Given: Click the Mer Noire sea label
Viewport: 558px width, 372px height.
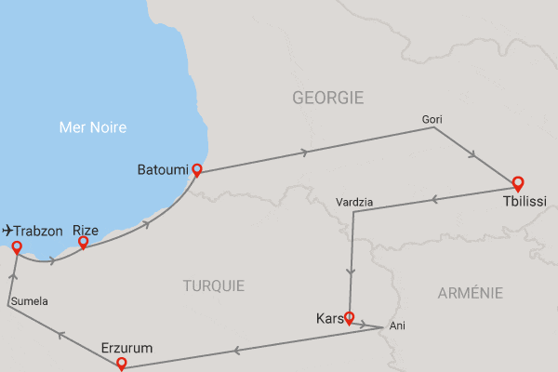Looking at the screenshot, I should point(91,127).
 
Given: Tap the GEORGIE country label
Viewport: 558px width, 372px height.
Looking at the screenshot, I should point(327,98).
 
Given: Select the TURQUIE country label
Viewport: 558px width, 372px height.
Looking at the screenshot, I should point(215,286).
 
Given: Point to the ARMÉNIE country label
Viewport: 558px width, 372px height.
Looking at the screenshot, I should point(470,293).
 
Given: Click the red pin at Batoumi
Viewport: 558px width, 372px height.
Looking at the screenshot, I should point(196,170).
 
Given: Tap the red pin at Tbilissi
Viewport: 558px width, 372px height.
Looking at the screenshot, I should point(518,183).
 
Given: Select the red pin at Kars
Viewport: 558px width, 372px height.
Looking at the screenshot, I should point(350,318).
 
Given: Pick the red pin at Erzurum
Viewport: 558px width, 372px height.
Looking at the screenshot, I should point(122,365).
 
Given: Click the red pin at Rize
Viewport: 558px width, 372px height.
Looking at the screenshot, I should point(83,243).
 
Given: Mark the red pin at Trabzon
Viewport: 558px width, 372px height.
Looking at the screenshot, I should point(16,246).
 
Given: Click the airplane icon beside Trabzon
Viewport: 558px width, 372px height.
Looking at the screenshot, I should point(7,229).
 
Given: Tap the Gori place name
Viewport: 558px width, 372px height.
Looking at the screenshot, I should point(432,119).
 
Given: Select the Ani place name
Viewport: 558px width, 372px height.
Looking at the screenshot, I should point(398,325).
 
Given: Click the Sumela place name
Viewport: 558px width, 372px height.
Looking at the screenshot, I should point(29,300).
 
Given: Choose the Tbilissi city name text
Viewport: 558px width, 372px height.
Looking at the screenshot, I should point(525,201).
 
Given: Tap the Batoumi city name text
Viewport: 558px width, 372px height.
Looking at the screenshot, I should point(162,170).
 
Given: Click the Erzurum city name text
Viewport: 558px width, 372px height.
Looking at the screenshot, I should point(126,349).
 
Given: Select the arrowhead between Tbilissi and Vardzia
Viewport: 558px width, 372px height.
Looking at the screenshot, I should point(433,199).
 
